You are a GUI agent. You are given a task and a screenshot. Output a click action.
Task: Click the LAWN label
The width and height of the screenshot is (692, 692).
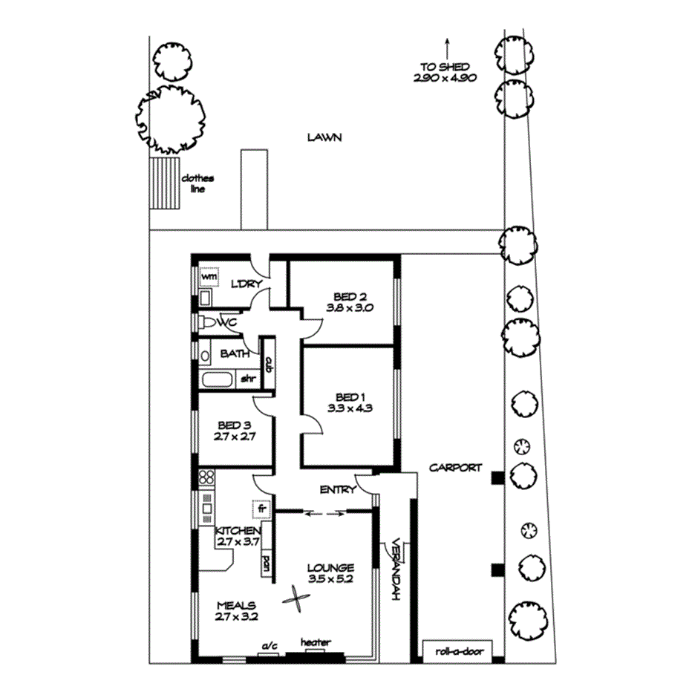coord(324,137)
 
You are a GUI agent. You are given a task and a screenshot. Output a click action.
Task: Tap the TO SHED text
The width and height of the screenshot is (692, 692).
coord(445,67)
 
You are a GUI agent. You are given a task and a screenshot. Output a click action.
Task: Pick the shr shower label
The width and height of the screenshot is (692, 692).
coord(247,379)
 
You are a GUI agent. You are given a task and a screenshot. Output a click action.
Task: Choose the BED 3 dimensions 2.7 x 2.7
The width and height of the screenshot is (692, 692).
coord(235,437)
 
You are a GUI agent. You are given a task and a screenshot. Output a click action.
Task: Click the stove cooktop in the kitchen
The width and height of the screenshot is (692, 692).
coord(206,477)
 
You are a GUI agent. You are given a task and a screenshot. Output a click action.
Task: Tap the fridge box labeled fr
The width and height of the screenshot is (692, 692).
coord(260,509)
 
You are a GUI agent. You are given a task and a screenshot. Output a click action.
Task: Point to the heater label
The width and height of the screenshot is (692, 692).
coord(316,642)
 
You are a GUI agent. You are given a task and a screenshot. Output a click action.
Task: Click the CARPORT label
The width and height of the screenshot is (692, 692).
coord(454,468)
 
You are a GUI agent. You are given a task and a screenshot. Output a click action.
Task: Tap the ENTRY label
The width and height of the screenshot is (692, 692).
coord(336,490)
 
